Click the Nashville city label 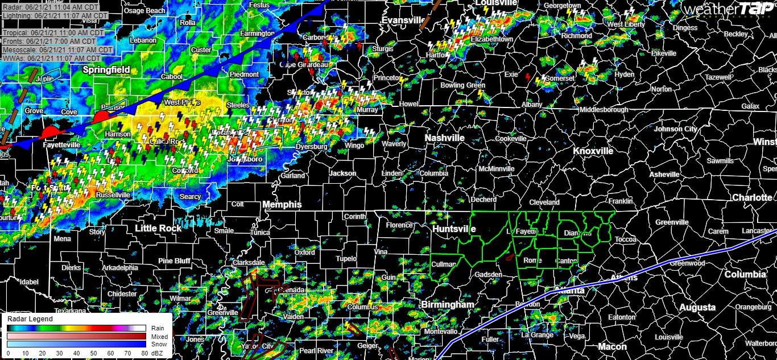(x=445, y=138)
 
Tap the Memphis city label (x=282, y=204)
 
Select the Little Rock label (x=158, y=228)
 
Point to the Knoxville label (x=593, y=151)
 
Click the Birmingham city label (x=447, y=305)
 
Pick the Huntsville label (x=453, y=229)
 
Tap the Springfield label (x=105, y=70)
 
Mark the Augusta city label (x=697, y=307)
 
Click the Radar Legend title (x=30, y=319)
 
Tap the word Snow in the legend (x=156, y=344)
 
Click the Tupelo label (x=346, y=259)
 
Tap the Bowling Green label (x=462, y=85)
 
